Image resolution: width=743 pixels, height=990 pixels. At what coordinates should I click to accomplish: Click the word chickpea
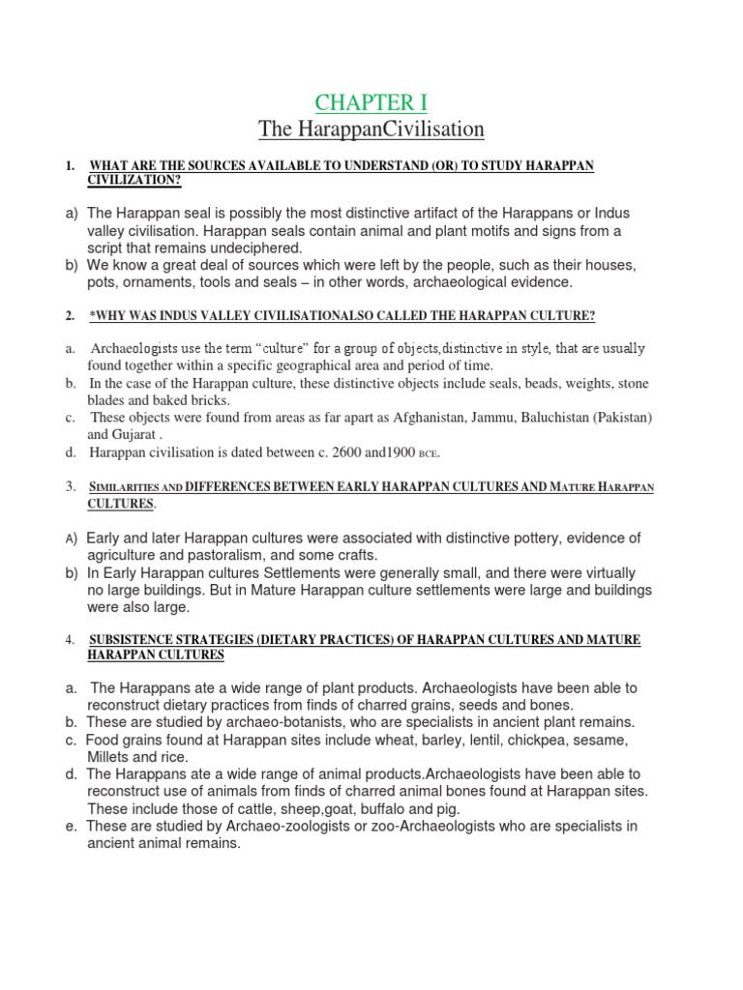[x=513, y=740]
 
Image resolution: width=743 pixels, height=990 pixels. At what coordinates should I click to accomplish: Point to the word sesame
[x=598, y=740]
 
